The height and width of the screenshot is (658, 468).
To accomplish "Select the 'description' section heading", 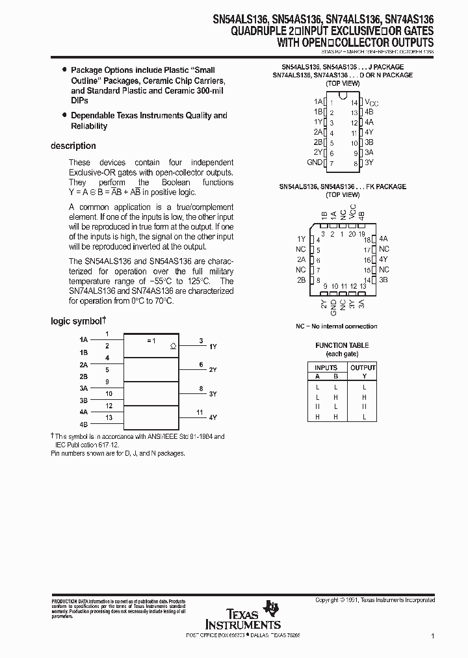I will [x=73, y=146].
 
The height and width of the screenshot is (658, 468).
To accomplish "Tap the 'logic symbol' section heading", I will [x=77, y=321].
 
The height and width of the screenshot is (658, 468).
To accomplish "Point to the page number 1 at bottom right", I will [x=432, y=638].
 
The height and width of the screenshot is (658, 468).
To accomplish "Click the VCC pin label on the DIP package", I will [x=370, y=103].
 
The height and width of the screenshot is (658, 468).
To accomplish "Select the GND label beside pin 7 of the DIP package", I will [x=315, y=162].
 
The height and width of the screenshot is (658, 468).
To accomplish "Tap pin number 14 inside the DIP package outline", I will [x=354, y=103].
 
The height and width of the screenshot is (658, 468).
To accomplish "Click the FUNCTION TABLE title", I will [x=342, y=345].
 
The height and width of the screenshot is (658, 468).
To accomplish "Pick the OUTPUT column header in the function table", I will [x=363, y=367].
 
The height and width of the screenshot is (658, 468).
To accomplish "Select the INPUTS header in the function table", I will [x=326, y=367].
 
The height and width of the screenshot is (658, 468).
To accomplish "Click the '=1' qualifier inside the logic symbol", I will [x=151, y=341].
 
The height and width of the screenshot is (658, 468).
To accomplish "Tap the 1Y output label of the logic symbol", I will [x=213, y=347].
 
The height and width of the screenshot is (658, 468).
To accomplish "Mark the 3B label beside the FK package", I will [x=383, y=280].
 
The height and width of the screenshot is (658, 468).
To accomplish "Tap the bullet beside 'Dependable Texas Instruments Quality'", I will [x=64, y=115].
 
